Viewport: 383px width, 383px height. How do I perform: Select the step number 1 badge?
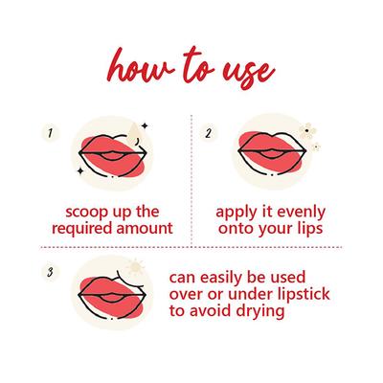[50, 133]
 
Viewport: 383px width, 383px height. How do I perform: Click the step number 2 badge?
[208, 133]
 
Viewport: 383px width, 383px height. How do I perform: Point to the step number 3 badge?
[50, 272]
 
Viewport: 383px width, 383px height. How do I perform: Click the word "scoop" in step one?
[83, 213]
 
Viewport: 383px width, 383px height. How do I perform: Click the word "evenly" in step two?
[301, 213]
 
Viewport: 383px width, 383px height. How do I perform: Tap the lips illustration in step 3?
[112, 294]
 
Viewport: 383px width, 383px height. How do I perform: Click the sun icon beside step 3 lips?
[135, 267]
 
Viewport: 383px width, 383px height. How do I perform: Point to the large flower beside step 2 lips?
[307, 130]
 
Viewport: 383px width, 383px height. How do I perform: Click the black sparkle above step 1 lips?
[145, 125]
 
